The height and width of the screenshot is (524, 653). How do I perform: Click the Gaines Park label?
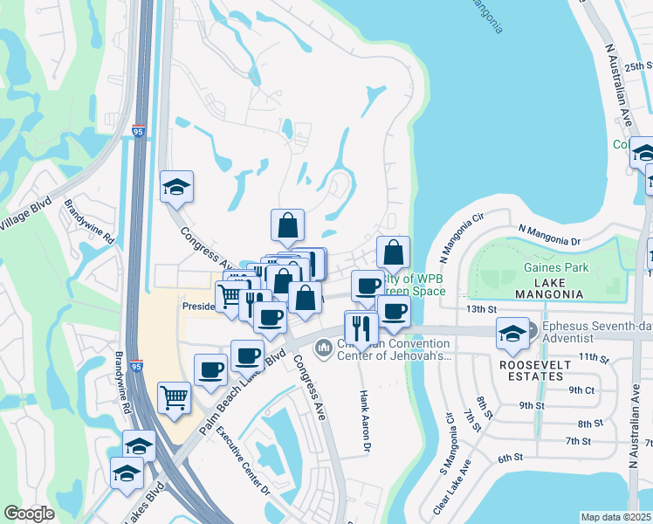coord(556,268)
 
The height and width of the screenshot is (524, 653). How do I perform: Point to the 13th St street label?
coord(480,309)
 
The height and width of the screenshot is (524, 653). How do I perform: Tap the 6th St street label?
coord(510,458)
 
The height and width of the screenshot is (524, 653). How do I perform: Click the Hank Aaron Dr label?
coord(365,423)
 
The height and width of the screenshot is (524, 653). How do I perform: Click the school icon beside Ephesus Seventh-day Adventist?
coord(512,332)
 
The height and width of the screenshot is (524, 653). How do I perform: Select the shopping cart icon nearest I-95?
coord(174,397)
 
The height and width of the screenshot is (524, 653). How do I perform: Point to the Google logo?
coord(29,514)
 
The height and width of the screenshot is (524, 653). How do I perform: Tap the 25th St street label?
coord(638,65)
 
